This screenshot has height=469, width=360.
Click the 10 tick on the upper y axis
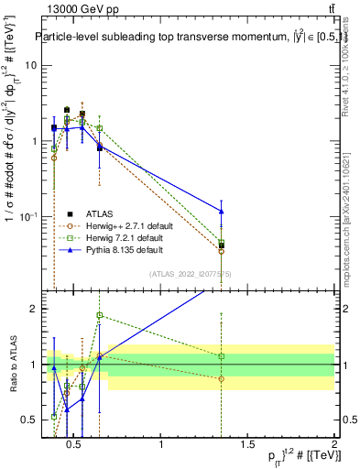pos(30,66)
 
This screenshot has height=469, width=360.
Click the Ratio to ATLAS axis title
pos(11,365)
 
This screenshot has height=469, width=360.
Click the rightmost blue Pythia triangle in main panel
pos(222,212)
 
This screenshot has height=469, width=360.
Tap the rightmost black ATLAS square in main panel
pos(222,245)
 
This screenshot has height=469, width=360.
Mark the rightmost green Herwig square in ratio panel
pos(222,356)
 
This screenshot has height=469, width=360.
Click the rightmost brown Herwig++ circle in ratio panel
pos(222,378)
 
